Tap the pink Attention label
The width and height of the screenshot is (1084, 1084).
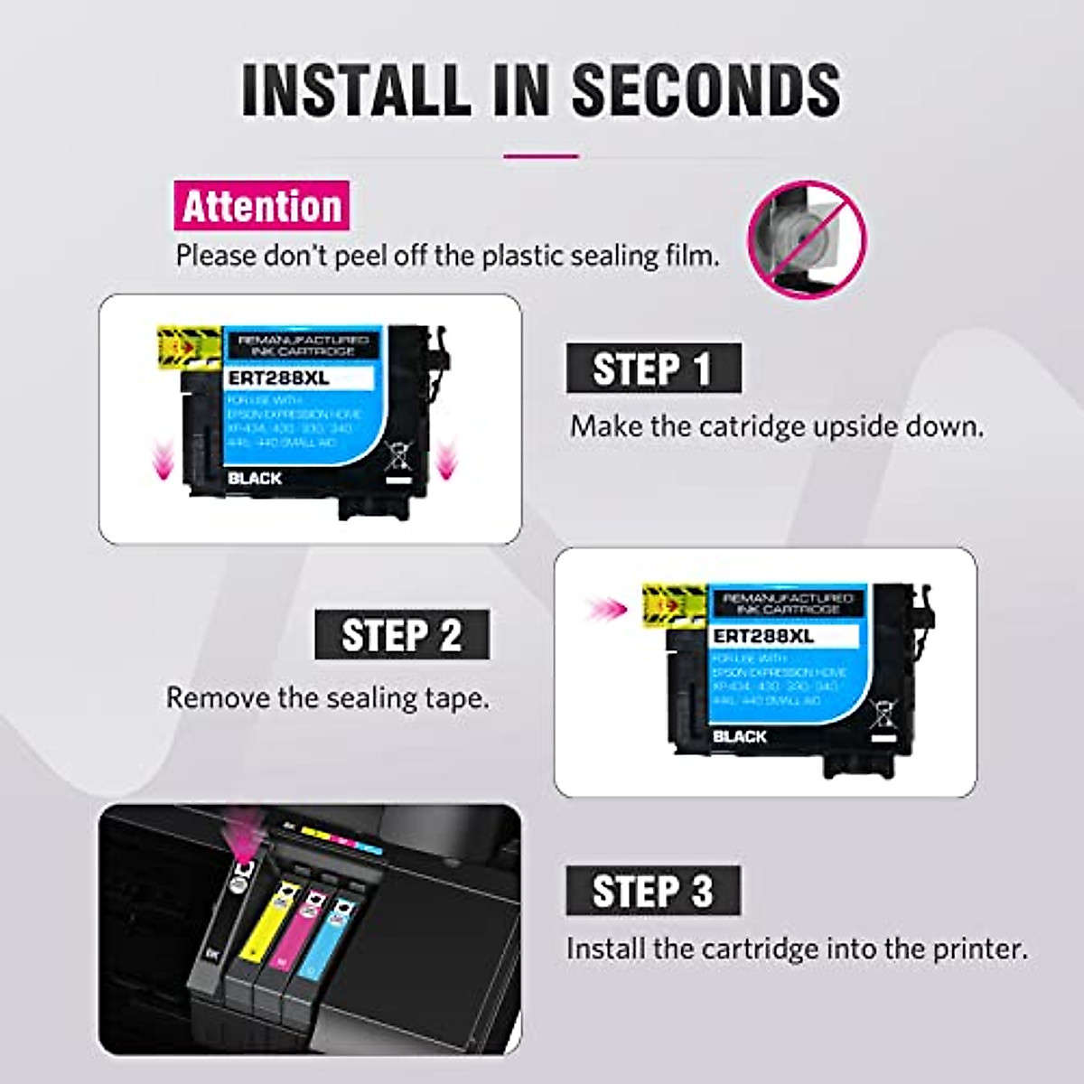click(x=261, y=206)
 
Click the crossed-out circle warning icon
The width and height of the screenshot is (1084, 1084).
click(x=807, y=239)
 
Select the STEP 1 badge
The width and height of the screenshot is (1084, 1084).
click(x=653, y=369)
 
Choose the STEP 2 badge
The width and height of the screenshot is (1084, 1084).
click(x=402, y=635)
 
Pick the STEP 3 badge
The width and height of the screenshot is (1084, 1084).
click(x=653, y=891)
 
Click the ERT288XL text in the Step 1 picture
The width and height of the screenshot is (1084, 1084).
click(x=280, y=378)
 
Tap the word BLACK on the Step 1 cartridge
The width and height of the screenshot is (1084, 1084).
click(x=255, y=478)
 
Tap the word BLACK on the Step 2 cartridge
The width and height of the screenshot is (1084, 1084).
click(x=739, y=736)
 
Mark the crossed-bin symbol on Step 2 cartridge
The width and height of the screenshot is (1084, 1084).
click(x=883, y=714)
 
